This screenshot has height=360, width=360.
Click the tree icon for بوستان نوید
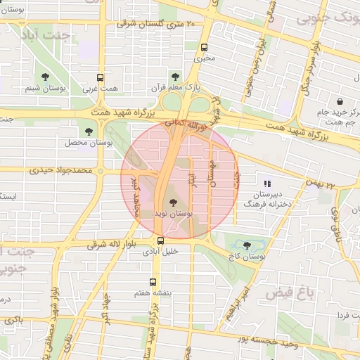(x=174, y=204)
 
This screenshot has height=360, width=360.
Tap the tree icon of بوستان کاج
(x=246, y=245)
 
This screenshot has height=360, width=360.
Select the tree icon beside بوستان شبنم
(x=46, y=77)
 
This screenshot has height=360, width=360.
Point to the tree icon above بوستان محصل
(x=89, y=131)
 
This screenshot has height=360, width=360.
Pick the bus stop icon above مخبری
(x=204, y=48)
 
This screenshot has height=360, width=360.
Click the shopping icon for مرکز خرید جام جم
(x=340, y=101)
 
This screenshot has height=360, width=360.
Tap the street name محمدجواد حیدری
(x=62, y=170)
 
